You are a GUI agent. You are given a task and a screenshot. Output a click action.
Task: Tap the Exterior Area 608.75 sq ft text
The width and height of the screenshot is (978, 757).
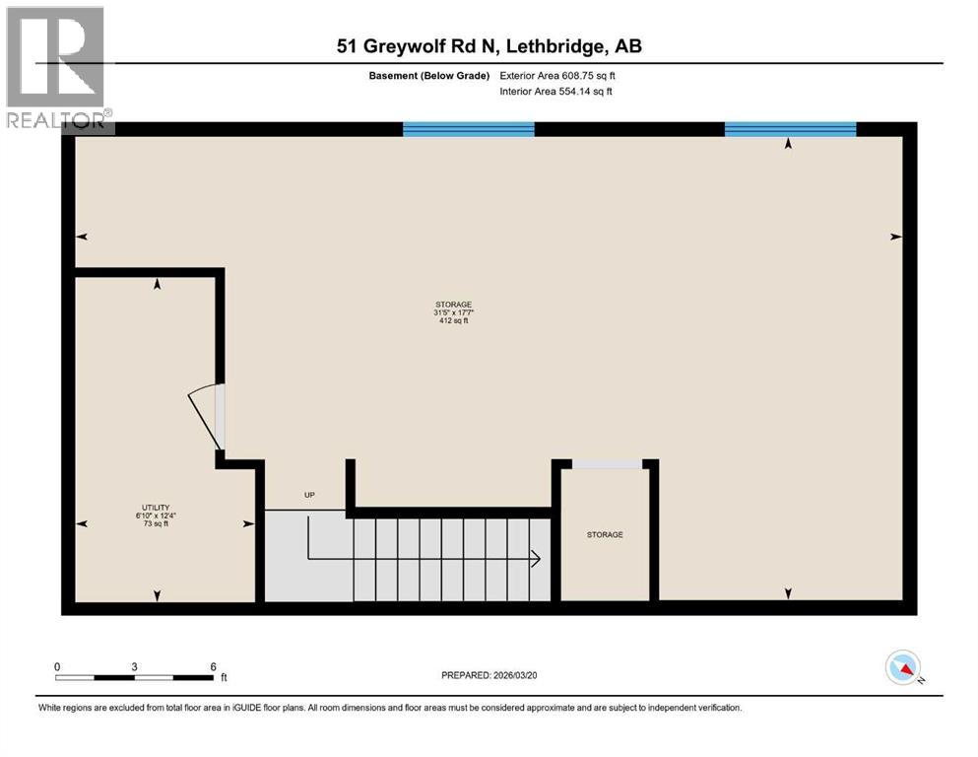pos(557,76)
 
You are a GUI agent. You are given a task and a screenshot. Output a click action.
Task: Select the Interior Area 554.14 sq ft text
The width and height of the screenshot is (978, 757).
pos(556,92)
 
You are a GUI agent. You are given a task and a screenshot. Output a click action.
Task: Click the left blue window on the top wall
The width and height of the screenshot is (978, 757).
pos(468,128)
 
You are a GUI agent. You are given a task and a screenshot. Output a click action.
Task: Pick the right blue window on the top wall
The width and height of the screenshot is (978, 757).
pos(790,128)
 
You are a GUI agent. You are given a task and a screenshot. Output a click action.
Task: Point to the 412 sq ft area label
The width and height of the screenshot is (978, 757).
pos(453,320)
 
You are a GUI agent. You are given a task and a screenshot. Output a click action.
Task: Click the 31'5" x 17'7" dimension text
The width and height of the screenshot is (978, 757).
pos(453,312)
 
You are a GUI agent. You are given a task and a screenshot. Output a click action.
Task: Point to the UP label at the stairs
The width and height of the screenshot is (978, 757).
pos(309,495)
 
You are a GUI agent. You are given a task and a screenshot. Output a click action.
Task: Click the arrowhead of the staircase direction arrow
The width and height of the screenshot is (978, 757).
pos(536,559)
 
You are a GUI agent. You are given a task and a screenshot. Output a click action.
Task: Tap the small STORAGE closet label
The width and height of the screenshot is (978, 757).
pos(605,534)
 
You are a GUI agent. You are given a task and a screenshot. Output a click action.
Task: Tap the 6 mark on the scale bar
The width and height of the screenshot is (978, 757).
pos(213,666)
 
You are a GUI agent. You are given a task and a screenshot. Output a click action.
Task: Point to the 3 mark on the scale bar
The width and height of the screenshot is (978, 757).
pos(134,666)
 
